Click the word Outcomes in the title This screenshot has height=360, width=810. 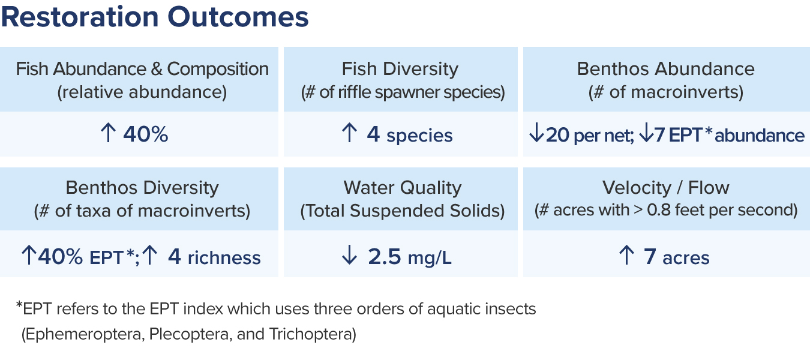click(238, 17)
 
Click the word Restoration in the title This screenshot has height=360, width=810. click(80, 17)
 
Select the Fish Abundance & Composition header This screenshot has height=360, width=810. click(142, 68)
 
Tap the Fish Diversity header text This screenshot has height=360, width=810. click(400, 68)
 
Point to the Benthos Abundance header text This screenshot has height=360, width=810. click(666, 68)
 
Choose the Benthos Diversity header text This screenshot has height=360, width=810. click(142, 188)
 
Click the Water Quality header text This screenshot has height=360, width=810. click(403, 188)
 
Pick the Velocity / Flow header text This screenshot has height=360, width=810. click(666, 188)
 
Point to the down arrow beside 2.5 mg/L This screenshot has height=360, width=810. click(349, 255)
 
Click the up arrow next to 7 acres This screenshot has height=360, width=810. click(626, 255)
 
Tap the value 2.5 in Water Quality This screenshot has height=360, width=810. click(385, 256)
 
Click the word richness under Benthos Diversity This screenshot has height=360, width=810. click(224, 258)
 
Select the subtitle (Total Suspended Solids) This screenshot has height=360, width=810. click(403, 211)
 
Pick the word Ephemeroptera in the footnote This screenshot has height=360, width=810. click(83, 334)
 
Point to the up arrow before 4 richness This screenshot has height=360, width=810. click(150, 255)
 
